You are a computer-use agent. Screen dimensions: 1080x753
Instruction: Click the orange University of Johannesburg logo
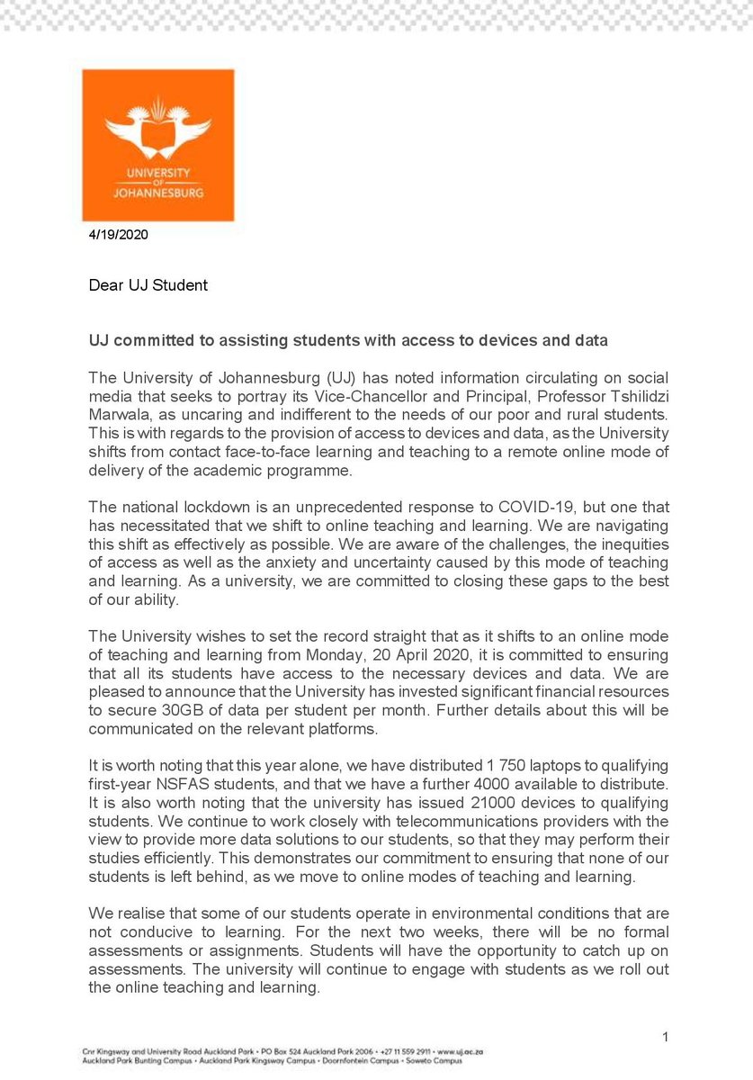[x=158, y=145]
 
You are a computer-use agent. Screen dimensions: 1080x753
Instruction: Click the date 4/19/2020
[x=117, y=236]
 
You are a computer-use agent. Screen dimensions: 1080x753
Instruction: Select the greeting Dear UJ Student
[x=148, y=285]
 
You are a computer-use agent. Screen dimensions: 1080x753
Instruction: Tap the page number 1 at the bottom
[x=665, y=1038]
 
